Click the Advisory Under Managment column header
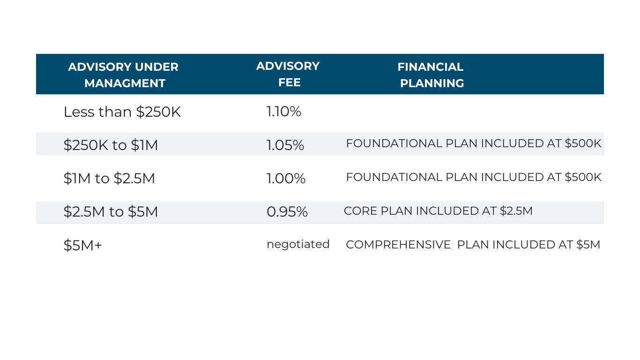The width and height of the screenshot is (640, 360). tap(123, 75)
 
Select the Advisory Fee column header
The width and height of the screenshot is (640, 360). tap(288, 74)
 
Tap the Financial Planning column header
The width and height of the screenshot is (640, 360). tap(431, 75)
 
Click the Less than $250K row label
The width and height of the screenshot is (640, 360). tap(122, 112)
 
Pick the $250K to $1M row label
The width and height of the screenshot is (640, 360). tap(111, 145)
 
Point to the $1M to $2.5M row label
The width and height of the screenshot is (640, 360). tap(109, 178)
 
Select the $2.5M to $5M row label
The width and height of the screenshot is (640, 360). tap(111, 211)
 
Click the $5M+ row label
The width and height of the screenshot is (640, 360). tap(82, 245)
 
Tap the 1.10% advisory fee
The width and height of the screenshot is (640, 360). tap(284, 111)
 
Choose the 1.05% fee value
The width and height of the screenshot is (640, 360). tap(285, 145)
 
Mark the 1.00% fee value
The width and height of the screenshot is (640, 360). tap(286, 178)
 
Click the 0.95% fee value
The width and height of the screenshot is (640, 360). tap(287, 211)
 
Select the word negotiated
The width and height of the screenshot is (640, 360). tap(298, 245)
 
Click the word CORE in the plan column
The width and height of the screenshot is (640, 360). tap(361, 211)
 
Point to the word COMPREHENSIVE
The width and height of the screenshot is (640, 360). tap(398, 245)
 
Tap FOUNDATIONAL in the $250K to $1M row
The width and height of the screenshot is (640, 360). tap(394, 143)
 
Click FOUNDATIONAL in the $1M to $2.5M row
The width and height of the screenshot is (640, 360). tap(394, 177)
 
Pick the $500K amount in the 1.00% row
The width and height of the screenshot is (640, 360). tap(583, 177)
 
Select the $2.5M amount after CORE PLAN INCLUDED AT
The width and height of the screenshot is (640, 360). tap(516, 211)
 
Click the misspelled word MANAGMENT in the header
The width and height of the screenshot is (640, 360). tap(125, 83)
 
